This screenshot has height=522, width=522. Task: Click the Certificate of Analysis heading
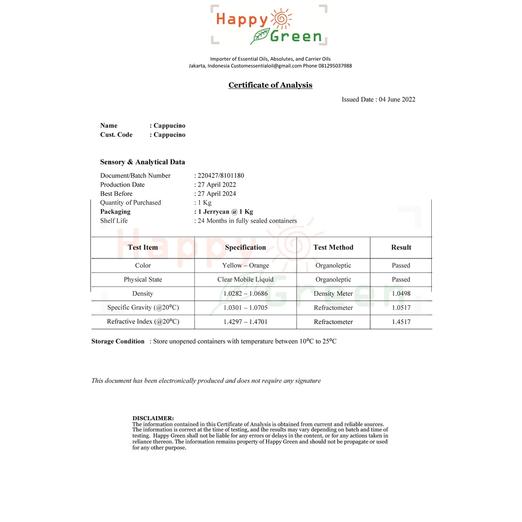click(270, 85)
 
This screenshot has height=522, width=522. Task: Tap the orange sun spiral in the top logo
click(282, 19)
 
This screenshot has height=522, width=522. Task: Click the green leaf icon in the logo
click(260, 36)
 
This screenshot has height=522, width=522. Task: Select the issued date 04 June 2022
click(397, 99)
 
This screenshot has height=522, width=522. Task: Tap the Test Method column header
click(333, 247)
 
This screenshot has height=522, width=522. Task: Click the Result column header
click(401, 247)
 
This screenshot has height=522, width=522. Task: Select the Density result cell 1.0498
click(401, 294)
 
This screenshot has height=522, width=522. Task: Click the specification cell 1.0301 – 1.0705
click(245, 308)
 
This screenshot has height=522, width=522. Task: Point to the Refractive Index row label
click(143, 322)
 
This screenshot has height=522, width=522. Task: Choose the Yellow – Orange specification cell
click(245, 266)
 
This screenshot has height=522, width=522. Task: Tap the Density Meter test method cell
click(333, 294)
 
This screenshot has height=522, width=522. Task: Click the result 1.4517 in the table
click(401, 322)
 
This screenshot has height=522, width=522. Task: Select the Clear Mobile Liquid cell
click(245, 279)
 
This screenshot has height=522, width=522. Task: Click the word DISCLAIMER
click(153, 418)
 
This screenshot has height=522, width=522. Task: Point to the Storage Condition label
click(118, 342)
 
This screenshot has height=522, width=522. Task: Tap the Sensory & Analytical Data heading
click(143, 162)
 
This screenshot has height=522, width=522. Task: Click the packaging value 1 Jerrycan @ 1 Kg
click(225, 212)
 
